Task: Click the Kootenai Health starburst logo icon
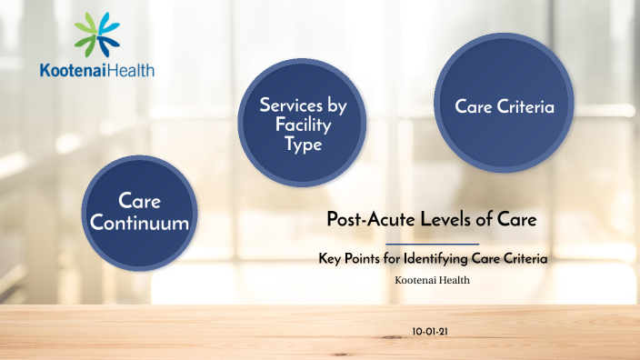[97, 35]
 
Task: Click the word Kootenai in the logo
[74, 70]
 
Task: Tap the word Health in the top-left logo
[131, 70]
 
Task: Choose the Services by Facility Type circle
[303, 125]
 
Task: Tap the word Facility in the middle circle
[303, 125]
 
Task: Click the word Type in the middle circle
[303, 145]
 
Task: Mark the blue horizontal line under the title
[432, 244]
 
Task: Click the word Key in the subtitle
[329, 259]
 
